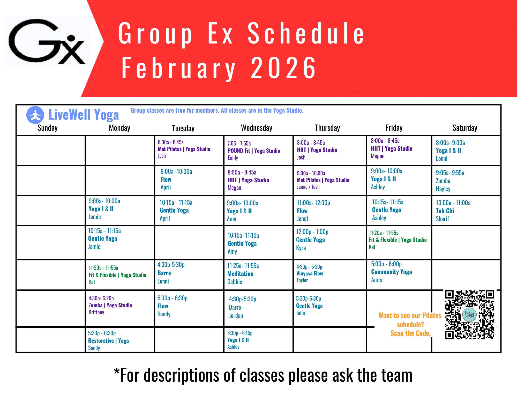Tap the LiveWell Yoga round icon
(x=35, y=115)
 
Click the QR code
(x=469, y=315)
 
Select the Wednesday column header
(x=257, y=128)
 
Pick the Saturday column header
(x=465, y=128)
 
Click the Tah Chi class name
(x=445, y=211)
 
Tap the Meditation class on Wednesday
(x=240, y=274)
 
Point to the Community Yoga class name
(x=392, y=272)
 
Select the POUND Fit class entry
(x=254, y=151)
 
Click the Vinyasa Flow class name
(x=310, y=273)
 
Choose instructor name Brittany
(x=96, y=312)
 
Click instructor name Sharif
(x=442, y=219)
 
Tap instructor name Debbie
(x=235, y=282)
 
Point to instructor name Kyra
(x=301, y=248)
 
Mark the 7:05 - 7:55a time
(x=239, y=143)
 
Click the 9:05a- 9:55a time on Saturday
(x=450, y=173)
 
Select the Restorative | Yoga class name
(x=108, y=341)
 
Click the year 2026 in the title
(x=283, y=68)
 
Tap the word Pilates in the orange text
(x=432, y=315)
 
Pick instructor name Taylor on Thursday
(x=302, y=280)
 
